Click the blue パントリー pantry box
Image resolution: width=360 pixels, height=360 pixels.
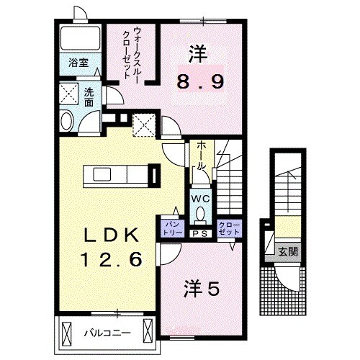[172, 229]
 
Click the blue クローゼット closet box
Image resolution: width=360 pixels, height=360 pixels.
[228, 229]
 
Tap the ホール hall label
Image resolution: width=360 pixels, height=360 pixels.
[202, 154]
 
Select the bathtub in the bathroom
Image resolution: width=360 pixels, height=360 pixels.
[79, 37]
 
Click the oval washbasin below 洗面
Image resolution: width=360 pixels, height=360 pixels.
[66, 121]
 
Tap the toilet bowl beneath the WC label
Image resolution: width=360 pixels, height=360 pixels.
[199, 214]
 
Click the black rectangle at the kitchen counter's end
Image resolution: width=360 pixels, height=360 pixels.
[153, 175]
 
